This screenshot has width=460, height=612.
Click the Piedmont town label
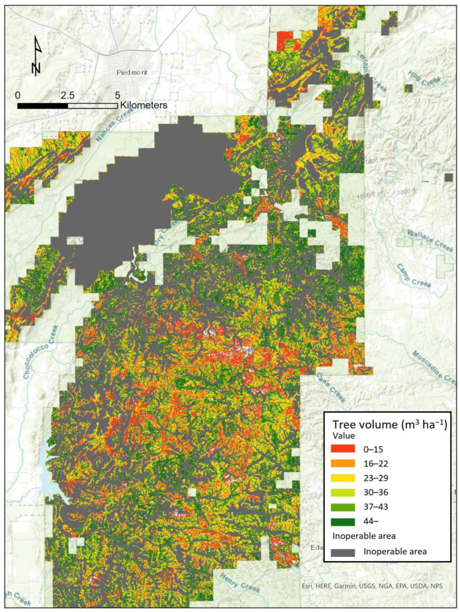132,73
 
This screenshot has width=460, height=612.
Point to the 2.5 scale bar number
67,96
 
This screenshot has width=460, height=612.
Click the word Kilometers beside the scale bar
143,105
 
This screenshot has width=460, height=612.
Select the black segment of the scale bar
42,106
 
